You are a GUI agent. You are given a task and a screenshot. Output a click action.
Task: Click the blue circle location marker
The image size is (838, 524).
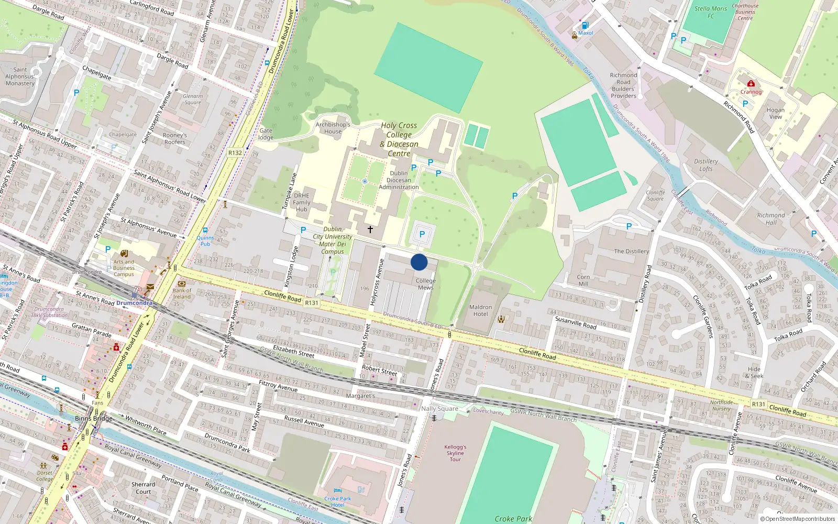point(419,262)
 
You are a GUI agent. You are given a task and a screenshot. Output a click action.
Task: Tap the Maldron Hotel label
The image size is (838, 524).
point(480,311)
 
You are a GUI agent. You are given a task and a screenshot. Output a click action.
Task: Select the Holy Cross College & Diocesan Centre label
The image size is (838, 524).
point(399,139)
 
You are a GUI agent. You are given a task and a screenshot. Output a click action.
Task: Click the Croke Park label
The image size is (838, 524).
point(513,519)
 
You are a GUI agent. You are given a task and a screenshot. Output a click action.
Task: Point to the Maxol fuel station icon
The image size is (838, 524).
point(585,25)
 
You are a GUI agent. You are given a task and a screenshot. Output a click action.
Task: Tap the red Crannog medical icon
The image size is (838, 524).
point(751,83)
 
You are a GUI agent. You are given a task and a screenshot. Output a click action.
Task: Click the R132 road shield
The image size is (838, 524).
point(235,153)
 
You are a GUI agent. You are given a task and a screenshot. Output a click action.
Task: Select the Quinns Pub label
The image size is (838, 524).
point(205,241)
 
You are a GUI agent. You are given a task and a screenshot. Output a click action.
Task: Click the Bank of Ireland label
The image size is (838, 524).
point(182,293)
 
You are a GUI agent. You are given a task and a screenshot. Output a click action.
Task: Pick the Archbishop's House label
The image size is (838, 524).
point(333,128)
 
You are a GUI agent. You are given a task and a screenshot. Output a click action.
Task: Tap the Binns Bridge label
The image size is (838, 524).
point(94,418)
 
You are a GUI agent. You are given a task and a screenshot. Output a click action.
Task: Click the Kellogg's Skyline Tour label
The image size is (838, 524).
point(455,453)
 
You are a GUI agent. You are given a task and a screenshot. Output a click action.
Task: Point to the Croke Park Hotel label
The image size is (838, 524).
point(338,501)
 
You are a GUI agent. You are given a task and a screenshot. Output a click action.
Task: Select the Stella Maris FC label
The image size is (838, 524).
point(711,12)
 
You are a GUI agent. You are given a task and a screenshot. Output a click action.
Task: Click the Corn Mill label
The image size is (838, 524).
point(583,280)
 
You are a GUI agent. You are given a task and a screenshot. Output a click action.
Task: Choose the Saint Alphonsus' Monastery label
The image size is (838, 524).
point(20,77)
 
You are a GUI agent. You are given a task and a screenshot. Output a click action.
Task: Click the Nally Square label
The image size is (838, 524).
point(439,409)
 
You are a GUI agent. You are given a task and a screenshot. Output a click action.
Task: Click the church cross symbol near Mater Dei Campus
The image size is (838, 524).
point(370,230)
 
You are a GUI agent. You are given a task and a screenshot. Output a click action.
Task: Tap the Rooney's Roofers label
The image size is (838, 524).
point(175,138)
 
